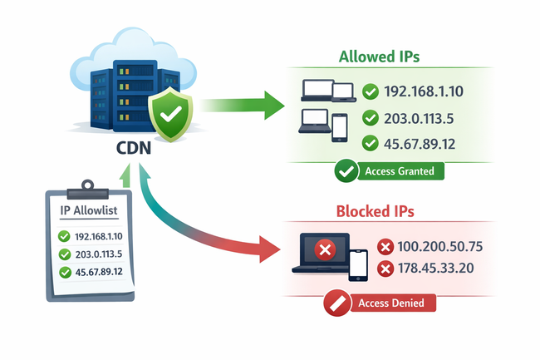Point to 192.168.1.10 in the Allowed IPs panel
pyautogui.click(x=420, y=91)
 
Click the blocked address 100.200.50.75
pyautogui.click(x=440, y=247)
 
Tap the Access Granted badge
pyautogui.click(x=389, y=172)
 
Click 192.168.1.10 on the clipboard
pyautogui.click(x=98, y=237)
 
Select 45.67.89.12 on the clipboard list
pyautogui.click(x=98, y=272)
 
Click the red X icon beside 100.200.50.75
pyautogui.click(x=385, y=247)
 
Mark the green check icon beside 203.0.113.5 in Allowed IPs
pyautogui.click(x=370, y=118)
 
